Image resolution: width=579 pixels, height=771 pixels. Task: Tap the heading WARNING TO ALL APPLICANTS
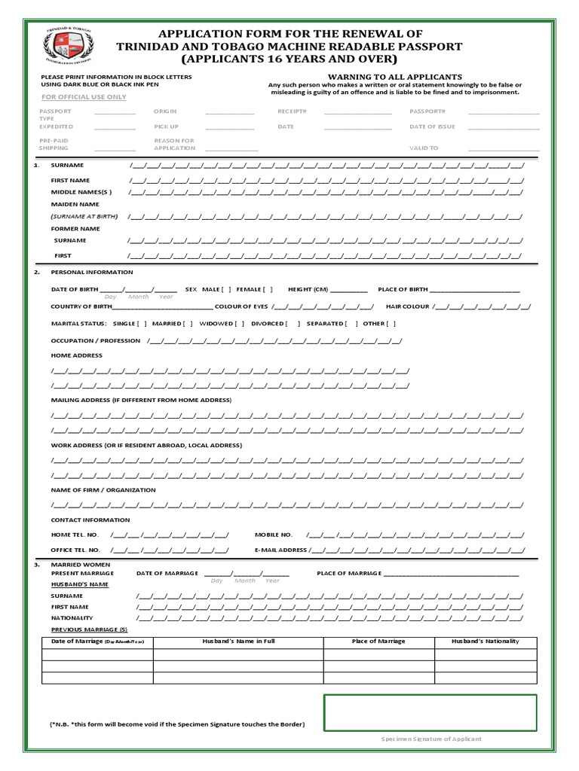[394, 77]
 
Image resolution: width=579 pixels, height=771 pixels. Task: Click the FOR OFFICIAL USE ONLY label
[84, 98]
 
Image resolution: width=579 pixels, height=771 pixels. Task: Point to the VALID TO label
[423, 148]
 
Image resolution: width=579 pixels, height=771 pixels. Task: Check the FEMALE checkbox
[269, 289]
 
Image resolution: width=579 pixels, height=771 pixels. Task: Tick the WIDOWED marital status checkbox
[240, 323]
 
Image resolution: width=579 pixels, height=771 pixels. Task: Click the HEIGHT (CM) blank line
[349, 291]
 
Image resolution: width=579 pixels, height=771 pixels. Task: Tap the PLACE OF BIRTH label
[403, 289]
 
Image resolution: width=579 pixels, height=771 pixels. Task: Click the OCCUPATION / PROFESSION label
[96, 341]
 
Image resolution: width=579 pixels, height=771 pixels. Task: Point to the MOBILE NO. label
[273, 535]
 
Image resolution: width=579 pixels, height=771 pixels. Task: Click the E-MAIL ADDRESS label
[281, 550]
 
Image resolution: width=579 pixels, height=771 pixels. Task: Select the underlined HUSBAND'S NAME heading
[80, 584]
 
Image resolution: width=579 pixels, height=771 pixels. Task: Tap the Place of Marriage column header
[378, 641]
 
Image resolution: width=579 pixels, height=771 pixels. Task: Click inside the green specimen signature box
[430, 712]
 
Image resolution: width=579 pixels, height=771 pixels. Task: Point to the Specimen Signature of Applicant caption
[430, 739]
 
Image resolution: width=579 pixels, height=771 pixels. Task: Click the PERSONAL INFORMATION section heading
[91, 273]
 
